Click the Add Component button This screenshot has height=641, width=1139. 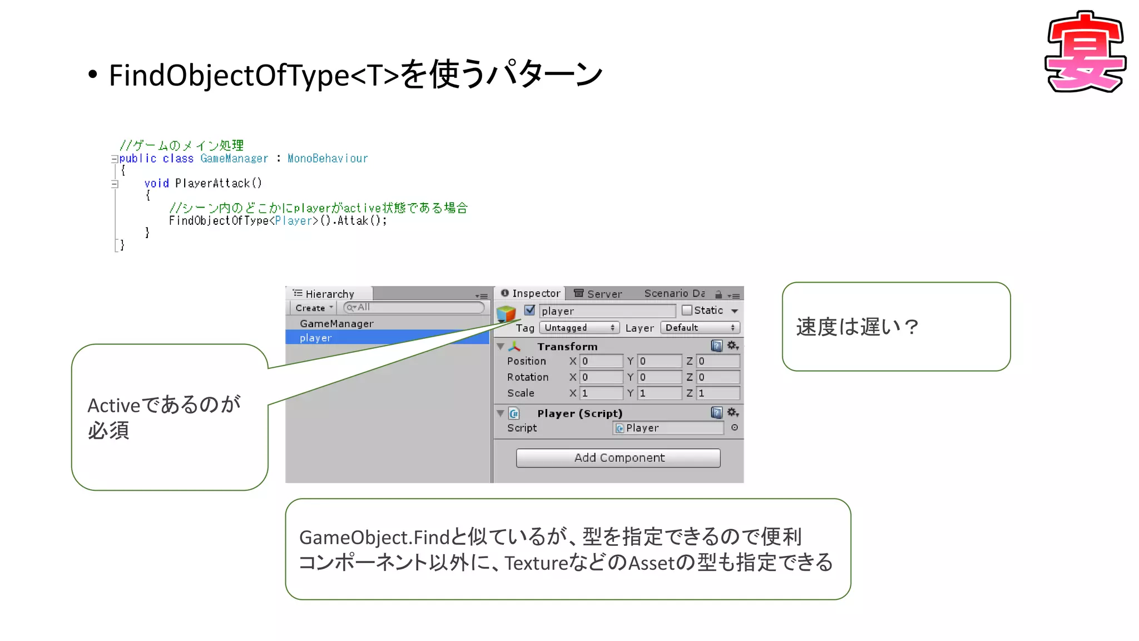point(618,458)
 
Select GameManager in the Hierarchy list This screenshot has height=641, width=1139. point(336,324)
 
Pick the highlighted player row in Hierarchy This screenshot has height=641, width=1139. point(315,338)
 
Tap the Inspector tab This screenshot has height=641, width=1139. point(531,293)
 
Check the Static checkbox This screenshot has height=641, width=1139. point(687,310)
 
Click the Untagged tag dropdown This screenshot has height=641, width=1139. point(579,328)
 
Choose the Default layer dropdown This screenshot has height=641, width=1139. point(700,328)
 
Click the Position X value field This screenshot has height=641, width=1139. point(601,361)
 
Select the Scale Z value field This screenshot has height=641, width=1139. point(717,393)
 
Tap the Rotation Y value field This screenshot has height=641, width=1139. point(659,377)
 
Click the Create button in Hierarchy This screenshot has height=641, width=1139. point(313,308)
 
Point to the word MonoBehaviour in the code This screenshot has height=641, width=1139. point(328,159)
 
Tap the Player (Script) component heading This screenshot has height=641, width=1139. point(580,413)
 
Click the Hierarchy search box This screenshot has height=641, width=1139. point(414,307)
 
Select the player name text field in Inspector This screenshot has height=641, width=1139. point(607,311)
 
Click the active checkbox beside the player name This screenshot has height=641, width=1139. point(529,310)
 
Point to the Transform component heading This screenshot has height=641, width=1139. point(567,347)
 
